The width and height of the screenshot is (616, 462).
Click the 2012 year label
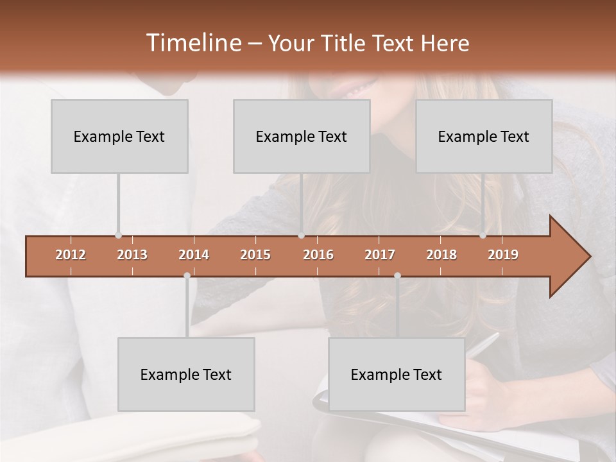71,255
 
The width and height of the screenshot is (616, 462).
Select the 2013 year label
132,255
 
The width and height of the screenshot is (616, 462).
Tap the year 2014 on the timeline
194,255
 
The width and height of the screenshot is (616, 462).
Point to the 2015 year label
255,255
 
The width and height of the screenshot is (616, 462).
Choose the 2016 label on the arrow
318,255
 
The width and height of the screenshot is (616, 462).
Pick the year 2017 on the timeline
380,255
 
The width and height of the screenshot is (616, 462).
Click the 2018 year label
441,255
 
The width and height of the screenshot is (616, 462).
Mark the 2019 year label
503,255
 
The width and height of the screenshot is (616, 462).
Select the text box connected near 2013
119,136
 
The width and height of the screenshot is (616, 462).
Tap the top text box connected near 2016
302,136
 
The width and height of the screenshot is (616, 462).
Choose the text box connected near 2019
484,136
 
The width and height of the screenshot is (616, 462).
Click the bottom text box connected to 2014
186,374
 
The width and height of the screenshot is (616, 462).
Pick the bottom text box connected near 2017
397,374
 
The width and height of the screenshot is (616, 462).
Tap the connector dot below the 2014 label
187,275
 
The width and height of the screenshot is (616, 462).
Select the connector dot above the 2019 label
483,235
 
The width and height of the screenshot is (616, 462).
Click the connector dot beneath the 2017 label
397,275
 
